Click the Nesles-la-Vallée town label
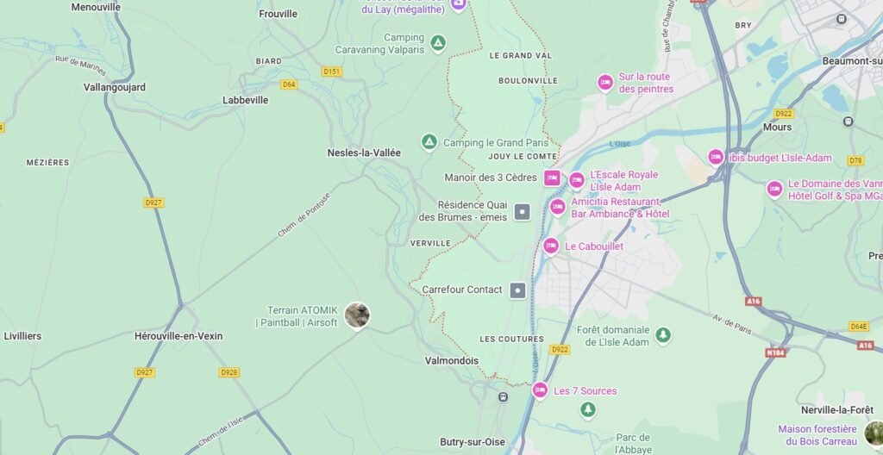(364, 153)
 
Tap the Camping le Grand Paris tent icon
(429, 142)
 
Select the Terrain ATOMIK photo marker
(357, 315)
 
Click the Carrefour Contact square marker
(517, 290)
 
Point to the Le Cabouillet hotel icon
(551, 246)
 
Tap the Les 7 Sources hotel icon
(540, 390)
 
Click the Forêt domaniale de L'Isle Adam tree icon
(662, 335)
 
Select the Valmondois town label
(451, 361)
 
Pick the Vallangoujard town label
(115, 87)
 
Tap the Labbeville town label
(246, 100)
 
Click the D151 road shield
(332, 72)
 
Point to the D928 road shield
(229, 372)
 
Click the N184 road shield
(775, 352)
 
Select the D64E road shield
(858, 327)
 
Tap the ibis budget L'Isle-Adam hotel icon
(716, 157)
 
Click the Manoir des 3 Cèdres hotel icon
(552, 178)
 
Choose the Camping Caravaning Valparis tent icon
(438, 43)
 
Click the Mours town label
(777, 127)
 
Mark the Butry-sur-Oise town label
(473, 442)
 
